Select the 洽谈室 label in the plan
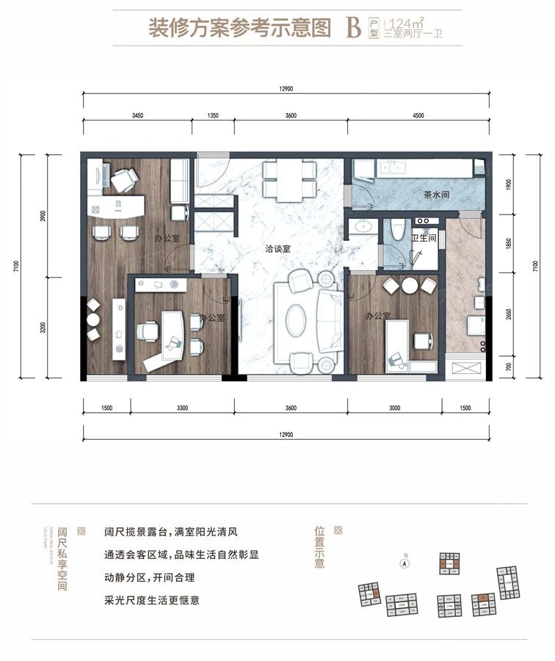(278, 249)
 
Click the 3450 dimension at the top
(137, 116)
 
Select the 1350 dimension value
(213, 116)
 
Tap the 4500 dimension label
(418, 116)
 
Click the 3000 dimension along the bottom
(394, 408)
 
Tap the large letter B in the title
(353, 28)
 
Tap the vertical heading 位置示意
(319, 549)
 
